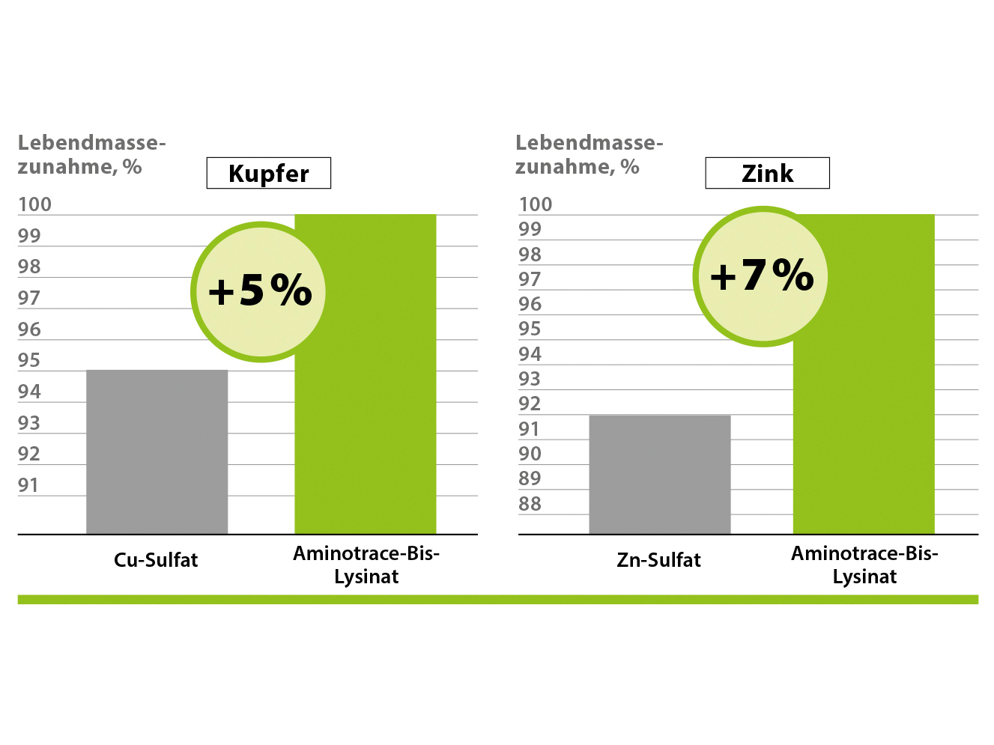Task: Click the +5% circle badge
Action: click(x=258, y=291)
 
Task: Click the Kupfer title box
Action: click(x=268, y=173)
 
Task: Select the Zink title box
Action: click(x=767, y=173)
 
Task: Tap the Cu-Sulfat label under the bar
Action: click(x=156, y=560)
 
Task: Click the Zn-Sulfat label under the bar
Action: click(x=658, y=560)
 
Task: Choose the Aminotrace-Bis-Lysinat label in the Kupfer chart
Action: click(x=366, y=565)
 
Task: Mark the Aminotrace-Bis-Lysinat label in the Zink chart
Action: click(x=864, y=565)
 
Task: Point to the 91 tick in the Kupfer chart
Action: click(x=28, y=485)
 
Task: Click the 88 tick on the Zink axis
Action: click(x=530, y=504)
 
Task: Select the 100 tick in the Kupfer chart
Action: click(x=34, y=204)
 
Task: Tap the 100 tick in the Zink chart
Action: click(x=535, y=204)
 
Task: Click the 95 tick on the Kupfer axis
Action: click(x=29, y=360)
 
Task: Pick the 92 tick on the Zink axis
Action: click(x=530, y=404)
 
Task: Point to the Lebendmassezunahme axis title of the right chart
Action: click(x=589, y=154)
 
